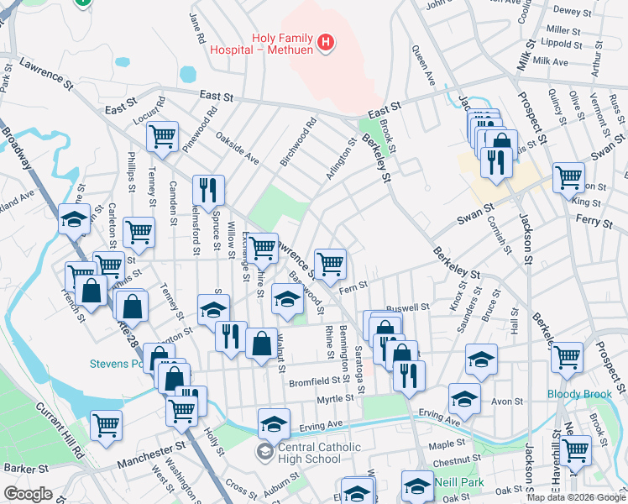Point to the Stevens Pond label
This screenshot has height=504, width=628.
(x=118, y=364)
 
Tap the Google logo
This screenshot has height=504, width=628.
(x=29, y=494)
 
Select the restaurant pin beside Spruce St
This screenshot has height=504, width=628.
(x=207, y=190)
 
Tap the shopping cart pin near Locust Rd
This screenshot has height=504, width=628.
(x=162, y=136)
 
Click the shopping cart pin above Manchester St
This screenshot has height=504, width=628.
(x=107, y=424)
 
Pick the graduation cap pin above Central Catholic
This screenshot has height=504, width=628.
(x=274, y=423)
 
